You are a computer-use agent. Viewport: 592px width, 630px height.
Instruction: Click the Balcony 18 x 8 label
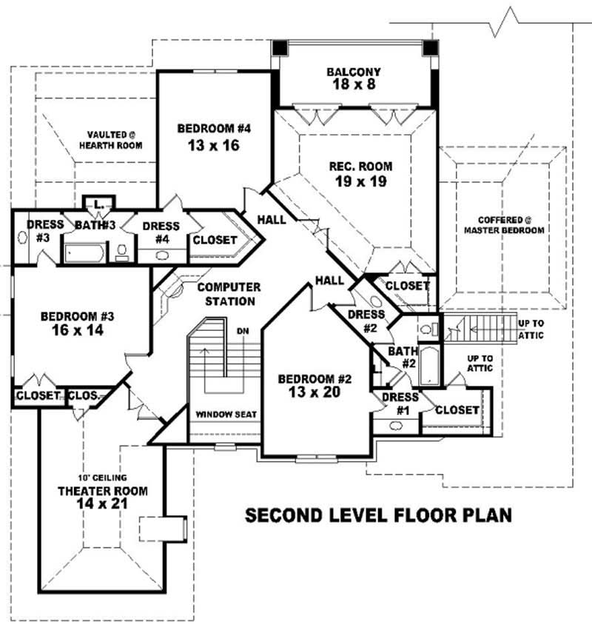point(354,78)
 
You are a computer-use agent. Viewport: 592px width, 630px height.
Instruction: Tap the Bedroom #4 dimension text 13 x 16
point(209,145)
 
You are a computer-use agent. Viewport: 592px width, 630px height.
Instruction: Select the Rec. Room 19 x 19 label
point(360,173)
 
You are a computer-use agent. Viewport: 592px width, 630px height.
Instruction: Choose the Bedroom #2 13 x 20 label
point(314,386)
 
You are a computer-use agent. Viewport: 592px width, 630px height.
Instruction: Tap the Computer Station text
point(228,294)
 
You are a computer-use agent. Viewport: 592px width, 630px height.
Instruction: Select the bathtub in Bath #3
point(84,252)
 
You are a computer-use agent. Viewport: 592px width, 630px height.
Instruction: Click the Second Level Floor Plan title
point(378,515)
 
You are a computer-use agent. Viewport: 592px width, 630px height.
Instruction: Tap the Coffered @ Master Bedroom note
point(504,225)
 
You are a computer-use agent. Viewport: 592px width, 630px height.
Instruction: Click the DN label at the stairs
point(242,330)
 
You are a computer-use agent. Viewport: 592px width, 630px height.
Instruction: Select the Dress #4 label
point(161,232)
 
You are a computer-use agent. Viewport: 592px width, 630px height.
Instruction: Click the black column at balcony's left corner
point(279,48)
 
